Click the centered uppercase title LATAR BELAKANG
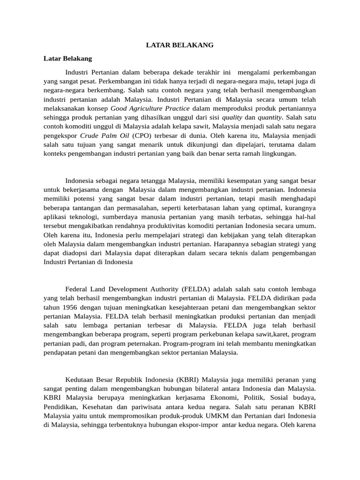[180, 45]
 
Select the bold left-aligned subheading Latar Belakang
[67, 59]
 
